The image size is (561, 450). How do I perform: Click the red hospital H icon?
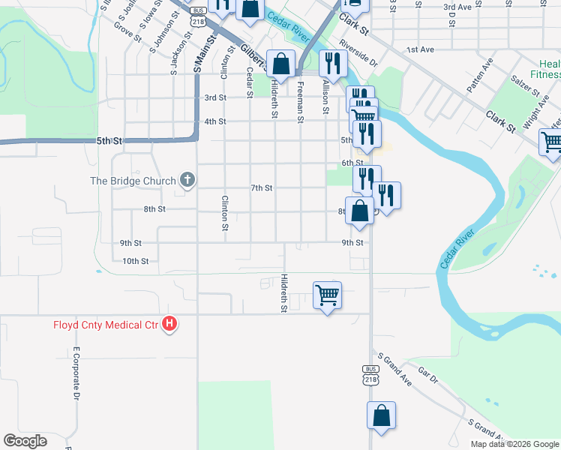pos(170,324)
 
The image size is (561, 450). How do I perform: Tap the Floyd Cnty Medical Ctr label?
pos(106,325)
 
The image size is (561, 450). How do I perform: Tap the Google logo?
pos(25,441)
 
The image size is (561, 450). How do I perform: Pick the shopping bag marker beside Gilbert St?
pos(281,64)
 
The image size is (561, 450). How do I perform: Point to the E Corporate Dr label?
pos(76,373)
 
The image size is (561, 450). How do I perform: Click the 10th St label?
pos(136,261)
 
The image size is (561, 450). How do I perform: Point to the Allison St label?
pos(325,98)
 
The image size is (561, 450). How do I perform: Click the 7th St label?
pos(261,187)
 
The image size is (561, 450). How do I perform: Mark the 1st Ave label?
pos(421,49)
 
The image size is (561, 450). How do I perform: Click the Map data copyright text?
pos(514,444)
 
